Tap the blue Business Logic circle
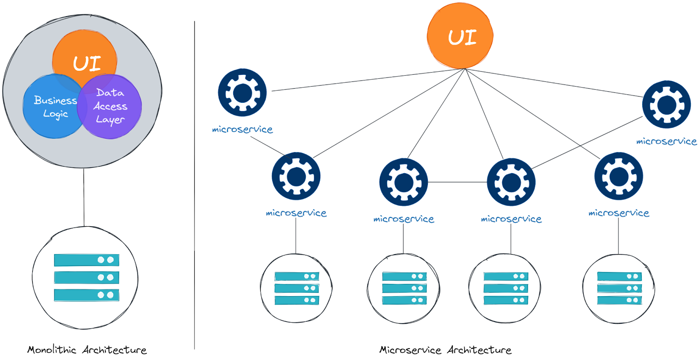click(50, 107)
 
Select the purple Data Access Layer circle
click(112, 107)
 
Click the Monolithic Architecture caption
click(87, 350)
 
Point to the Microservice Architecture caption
click(445, 350)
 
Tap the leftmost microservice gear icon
click(242, 92)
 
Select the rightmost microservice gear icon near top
click(666, 104)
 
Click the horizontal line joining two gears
click(457, 182)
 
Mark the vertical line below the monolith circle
click(84, 197)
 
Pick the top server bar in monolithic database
click(86, 260)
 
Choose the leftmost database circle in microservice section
click(296, 288)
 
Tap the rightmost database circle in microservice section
click(619, 288)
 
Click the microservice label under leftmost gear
click(242, 129)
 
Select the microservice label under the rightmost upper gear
click(666, 141)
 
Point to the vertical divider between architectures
click(194, 184)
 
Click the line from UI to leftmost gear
click(367, 80)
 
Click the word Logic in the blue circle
click(56, 114)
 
